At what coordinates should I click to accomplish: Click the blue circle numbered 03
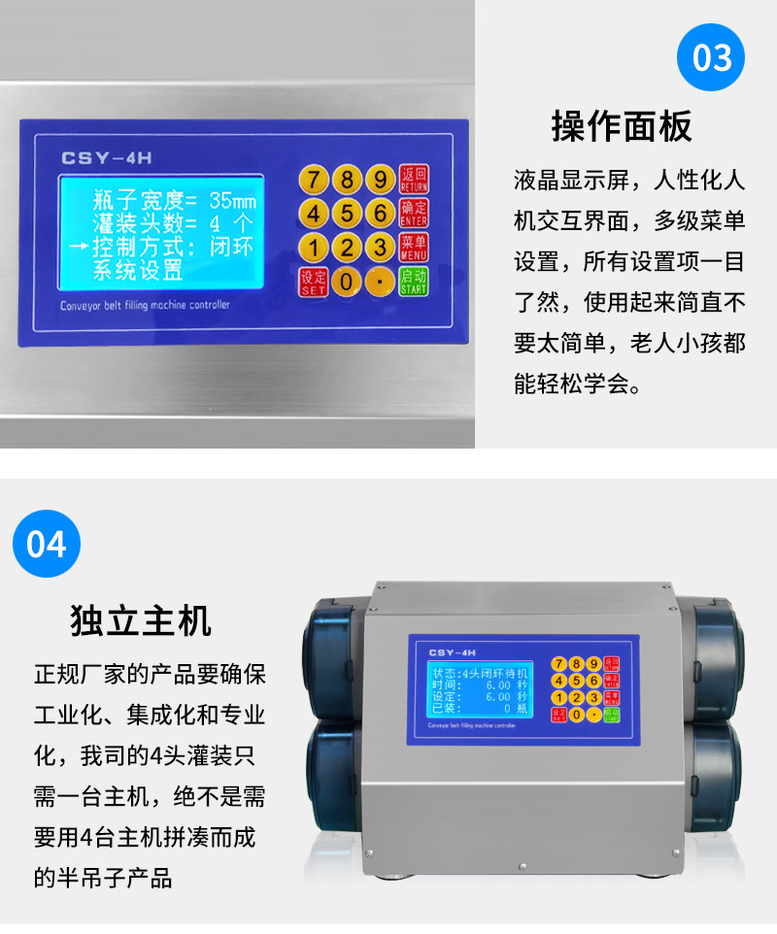[711, 58]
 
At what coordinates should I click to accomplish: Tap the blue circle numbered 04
[46, 544]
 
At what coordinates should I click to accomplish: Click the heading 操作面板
[622, 126]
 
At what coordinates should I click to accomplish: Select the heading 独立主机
[142, 619]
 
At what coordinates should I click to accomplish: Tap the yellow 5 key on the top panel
[347, 213]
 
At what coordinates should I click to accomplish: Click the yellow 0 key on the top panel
[346, 282]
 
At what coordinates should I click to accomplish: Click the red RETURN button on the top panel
[414, 180]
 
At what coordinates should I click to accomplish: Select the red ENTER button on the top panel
[414, 213]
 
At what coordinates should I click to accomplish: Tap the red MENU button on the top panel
[414, 247]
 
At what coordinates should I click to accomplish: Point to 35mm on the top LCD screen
[233, 201]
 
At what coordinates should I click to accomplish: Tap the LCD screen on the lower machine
[481, 689]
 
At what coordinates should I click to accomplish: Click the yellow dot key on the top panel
[380, 282]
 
